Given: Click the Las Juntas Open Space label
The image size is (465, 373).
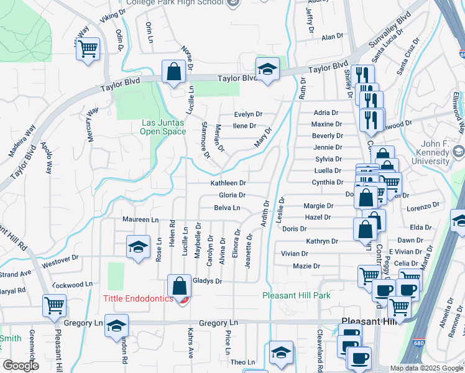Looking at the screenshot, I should click(163, 127).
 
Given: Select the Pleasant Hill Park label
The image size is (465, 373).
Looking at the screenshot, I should click(297, 295).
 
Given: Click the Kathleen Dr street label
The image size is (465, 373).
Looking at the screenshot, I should click(228, 183).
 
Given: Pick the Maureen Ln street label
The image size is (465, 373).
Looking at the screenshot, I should click(140, 219).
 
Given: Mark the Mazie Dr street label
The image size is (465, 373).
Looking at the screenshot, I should click(309, 266).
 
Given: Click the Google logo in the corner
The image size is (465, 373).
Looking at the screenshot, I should click(21, 366).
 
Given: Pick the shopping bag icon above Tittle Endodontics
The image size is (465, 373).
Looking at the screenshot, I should click(179, 287).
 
